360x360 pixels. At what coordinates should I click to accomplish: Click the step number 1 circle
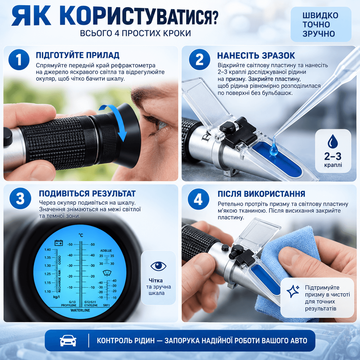point(19,60)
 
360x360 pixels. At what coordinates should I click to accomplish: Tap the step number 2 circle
point(199,60)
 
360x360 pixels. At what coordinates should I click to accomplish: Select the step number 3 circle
point(20,198)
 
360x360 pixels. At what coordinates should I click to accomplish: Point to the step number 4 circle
point(198,199)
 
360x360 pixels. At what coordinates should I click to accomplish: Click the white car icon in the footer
point(68,340)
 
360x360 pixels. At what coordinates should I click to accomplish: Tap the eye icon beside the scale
point(158,266)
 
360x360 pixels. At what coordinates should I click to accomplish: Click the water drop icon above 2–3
point(333,142)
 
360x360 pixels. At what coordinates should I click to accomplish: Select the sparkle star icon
point(293,291)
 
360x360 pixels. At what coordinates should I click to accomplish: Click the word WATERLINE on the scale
point(80,310)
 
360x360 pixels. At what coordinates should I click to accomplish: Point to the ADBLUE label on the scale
point(106,251)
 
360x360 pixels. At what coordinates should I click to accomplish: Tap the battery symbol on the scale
point(59,243)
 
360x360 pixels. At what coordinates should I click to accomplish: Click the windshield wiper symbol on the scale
point(107,273)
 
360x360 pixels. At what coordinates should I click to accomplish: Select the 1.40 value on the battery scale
point(48,249)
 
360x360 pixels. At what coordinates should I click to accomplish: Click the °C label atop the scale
point(81,235)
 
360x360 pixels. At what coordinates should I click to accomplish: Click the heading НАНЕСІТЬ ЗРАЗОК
point(256,55)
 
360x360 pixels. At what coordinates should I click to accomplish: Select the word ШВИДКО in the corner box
point(320,16)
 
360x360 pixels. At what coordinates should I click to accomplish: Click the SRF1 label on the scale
point(107,305)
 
